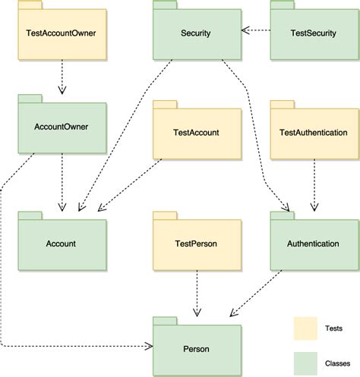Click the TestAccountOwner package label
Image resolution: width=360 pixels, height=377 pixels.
point(62,33)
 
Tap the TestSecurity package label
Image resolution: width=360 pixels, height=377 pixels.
point(314,33)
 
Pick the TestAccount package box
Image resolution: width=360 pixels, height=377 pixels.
point(196,137)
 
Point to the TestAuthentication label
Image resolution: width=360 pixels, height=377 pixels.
point(314,133)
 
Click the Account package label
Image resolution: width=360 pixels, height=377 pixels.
point(61,243)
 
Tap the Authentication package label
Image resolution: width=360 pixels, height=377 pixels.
point(314,243)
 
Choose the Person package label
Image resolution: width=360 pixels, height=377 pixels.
point(196,349)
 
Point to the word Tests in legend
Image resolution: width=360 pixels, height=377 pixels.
point(342,328)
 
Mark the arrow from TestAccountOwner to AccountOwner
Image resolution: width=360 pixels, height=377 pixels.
point(61,76)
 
